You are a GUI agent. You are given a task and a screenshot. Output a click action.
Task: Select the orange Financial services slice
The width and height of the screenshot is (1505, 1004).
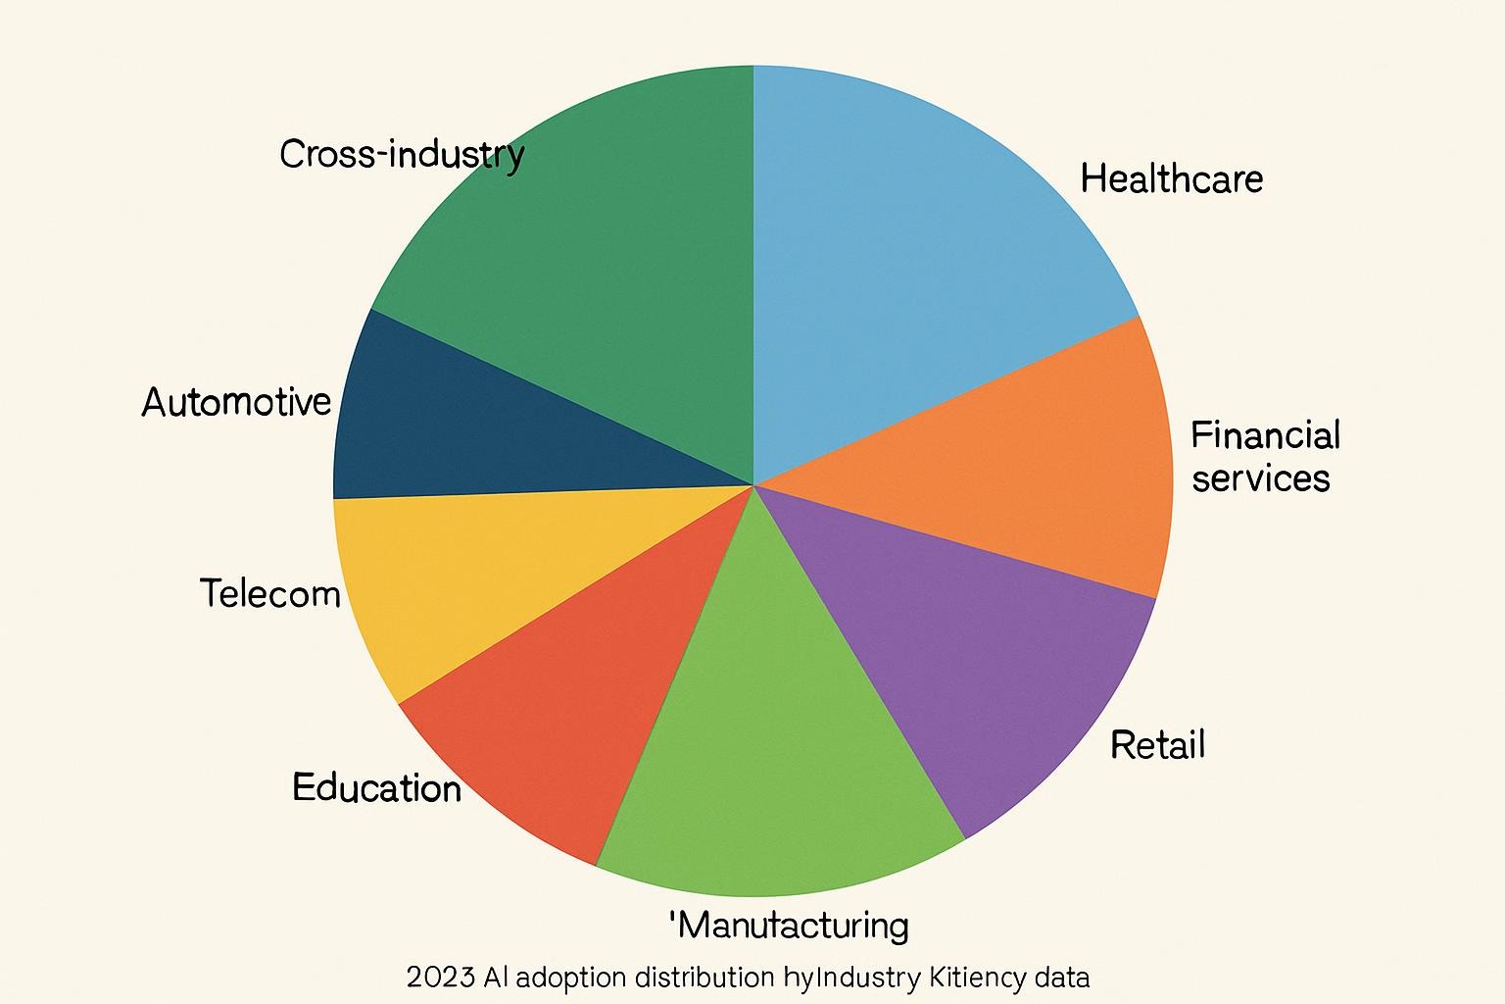coord(1009,461)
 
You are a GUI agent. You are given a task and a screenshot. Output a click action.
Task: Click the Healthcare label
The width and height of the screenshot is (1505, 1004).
coord(1171,179)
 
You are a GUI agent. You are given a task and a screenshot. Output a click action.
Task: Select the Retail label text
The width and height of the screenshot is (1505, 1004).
coord(1157,745)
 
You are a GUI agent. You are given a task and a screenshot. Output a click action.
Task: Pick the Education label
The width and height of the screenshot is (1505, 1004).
coord(376,787)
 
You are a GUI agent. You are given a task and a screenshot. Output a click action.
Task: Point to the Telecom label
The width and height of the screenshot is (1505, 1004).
coord(269,593)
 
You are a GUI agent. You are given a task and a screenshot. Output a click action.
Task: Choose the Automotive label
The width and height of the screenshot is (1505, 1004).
coord(236,402)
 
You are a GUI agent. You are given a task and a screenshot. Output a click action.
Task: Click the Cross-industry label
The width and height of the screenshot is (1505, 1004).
coord(402,155)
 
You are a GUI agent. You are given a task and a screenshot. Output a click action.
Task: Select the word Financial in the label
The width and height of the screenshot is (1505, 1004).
coord(1265,435)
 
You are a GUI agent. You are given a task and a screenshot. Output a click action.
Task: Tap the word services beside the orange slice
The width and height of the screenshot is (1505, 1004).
coord(1261,478)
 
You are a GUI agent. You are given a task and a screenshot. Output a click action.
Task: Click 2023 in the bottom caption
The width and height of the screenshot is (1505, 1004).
coord(440,978)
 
